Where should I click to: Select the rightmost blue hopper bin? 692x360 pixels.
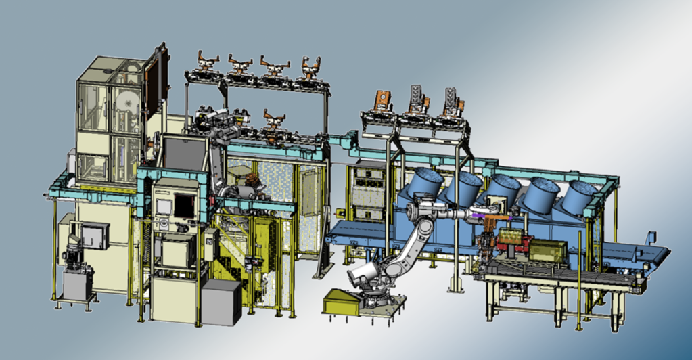pyautogui.click(x=579, y=196)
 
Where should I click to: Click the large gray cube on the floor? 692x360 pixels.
pyautogui.click(x=221, y=302)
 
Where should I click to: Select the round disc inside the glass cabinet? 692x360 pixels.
pyautogui.click(x=125, y=99)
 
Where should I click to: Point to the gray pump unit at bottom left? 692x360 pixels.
pyautogui.click(x=74, y=271)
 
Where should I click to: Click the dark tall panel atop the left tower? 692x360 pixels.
pyautogui.click(x=160, y=78)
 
